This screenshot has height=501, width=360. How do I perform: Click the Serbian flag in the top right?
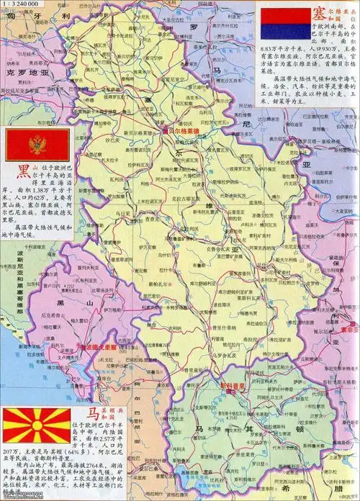tap(284, 24)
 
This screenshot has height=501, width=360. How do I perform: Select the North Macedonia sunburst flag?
tap(35, 425)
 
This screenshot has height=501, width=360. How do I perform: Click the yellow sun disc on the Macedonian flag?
tap(35, 425)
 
